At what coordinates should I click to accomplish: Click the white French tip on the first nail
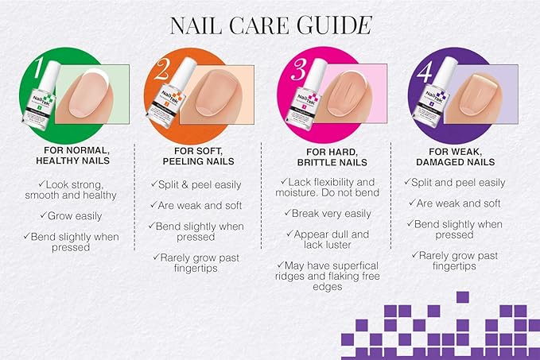93,77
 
